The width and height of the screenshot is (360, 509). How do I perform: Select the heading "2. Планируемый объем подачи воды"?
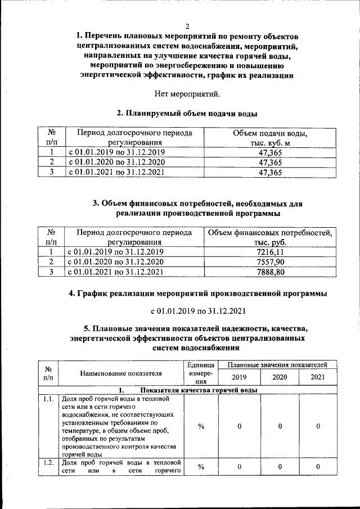(x=187, y=114)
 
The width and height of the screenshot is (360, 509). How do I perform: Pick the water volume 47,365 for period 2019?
(x=269, y=152)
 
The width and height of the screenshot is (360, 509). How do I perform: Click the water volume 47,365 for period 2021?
(x=269, y=173)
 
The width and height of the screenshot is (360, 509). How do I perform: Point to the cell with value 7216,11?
(x=270, y=252)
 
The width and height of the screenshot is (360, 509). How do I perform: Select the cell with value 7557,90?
(x=270, y=262)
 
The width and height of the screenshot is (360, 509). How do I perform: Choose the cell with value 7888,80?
(x=270, y=272)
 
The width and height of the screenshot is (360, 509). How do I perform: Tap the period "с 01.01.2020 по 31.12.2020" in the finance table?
(x=115, y=262)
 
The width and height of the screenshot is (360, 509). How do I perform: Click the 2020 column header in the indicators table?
(x=280, y=377)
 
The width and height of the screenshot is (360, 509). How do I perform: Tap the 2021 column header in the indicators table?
(x=318, y=377)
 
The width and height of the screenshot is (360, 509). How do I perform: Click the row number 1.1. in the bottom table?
(x=48, y=399)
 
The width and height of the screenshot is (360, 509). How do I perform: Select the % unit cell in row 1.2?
(x=201, y=467)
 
